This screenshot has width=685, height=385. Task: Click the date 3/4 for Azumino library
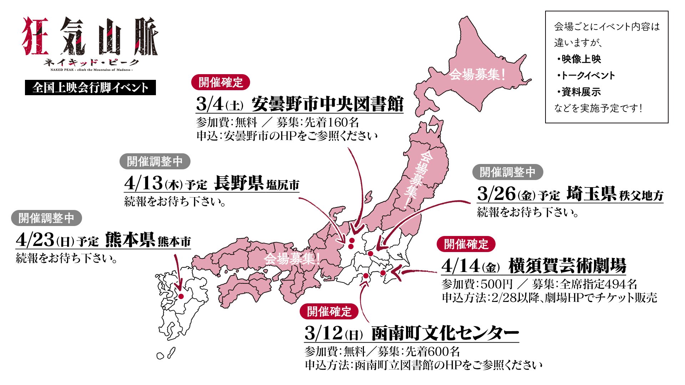pos(210,104)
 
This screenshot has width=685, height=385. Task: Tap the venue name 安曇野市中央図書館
pos(327,104)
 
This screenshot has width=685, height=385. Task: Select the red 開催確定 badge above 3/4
pos(220,82)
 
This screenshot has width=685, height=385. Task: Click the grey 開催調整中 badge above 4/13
pos(154,161)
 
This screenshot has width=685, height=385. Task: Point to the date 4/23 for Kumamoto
pos(35,240)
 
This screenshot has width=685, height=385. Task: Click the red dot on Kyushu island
pos(181,297)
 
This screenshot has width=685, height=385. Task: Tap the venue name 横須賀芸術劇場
pos(567,266)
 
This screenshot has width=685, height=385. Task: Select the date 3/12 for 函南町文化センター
pos(323,333)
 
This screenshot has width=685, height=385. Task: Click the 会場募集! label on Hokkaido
pos(477,75)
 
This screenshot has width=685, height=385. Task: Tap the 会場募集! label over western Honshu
pos(291,258)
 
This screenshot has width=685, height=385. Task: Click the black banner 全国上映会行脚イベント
pos(90,88)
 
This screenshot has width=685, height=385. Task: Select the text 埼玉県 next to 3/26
pos(591,194)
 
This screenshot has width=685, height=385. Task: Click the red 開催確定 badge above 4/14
pos(466,244)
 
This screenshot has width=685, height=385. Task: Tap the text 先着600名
pos(432,352)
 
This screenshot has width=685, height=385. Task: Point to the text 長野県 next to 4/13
pos(239,183)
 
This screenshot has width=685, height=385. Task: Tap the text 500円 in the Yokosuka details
pos(497,284)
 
